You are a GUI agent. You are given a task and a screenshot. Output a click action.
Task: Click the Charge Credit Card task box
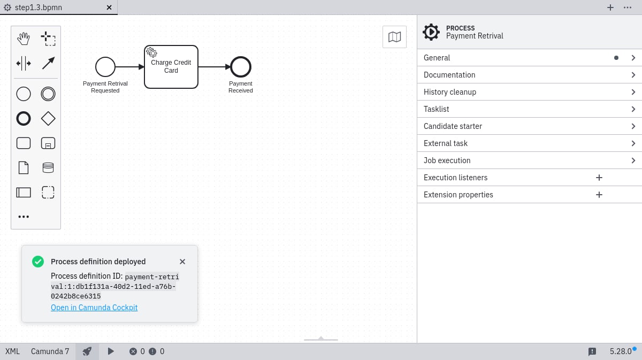[x=171, y=67]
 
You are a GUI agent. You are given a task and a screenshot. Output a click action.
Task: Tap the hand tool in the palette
[x=24, y=39]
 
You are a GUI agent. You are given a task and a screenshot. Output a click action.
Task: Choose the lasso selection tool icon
[x=48, y=39]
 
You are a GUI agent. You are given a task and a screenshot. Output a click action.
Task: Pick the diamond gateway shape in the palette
[x=48, y=118]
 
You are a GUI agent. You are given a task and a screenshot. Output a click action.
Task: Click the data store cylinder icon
[x=48, y=167]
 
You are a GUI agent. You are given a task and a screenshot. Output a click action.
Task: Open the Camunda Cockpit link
[x=94, y=307]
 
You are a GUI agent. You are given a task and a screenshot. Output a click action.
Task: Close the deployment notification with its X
[x=182, y=262]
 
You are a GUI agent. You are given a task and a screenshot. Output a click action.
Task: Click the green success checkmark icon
[x=38, y=262]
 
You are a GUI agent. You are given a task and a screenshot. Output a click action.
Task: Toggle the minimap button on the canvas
[x=394, y=37]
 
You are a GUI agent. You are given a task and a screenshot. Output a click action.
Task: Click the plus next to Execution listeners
[x=599, y=178]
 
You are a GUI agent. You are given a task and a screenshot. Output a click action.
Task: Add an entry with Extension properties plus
[x=599, y=195]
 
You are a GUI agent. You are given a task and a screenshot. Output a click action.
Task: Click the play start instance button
[x=111, y=351]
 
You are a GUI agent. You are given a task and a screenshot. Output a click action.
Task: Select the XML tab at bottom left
[x=13, y=351]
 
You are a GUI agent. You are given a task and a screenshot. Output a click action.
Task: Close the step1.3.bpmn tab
[x=109, y=7]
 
